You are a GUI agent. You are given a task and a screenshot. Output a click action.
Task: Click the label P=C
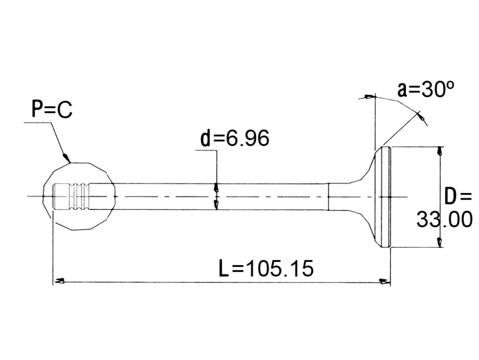(x=52, y=109)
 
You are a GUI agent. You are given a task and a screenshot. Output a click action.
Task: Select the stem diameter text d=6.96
(x=235, y=138)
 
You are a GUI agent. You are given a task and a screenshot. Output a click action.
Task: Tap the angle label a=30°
(x=426, y=89)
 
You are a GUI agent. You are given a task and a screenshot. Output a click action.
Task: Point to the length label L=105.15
(x=266, y=268)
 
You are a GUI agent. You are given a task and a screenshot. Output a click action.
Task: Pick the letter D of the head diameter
(x=450, y=197)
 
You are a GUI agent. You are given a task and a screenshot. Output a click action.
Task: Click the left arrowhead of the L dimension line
(x=59, y=281)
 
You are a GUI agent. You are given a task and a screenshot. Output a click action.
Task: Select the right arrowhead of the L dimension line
(x=384, y=281)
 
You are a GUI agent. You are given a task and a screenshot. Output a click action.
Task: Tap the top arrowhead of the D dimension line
(x=440, y=151)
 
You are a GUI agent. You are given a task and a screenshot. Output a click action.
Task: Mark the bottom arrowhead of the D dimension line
(x=440, y=242)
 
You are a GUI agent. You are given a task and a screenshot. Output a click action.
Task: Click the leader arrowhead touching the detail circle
(x=66, y=158)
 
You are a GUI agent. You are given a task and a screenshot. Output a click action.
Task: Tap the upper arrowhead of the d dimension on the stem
(x=216, y=187)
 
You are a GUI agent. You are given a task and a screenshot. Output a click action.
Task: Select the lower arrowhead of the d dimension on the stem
(x=216, y=205)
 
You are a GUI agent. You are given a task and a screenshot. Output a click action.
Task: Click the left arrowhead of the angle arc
(x=369, y=97)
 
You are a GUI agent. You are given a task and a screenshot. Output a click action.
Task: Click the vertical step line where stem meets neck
(x=328, y=197)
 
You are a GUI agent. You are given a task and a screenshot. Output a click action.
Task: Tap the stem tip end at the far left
(x=54, y=196)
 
